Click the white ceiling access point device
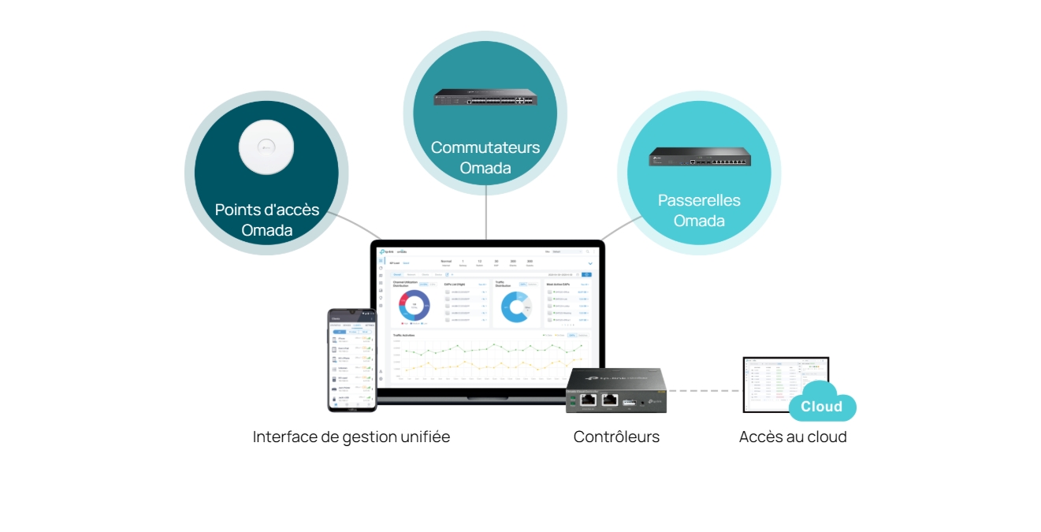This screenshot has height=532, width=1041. click(x=267, y=147)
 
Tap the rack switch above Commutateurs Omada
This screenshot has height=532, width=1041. click(x=485, y=98)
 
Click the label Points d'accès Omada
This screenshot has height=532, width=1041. click(x=267, y=220)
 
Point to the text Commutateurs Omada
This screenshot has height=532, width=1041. click(x=485, y=158)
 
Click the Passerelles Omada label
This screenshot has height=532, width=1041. click(x=699, y=210)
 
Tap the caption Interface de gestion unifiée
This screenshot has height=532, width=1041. click(x=351, y=437)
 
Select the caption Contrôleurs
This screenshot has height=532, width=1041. click(x=616, y=437)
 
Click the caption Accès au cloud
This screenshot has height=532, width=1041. click(x=793, y=437)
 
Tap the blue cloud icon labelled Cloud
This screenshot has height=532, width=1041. click(x=822, y=403)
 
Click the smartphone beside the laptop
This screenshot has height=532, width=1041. click(x=352, y=359)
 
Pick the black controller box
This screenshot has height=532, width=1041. click(x=616, y=389)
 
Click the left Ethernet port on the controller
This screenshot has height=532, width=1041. click(x=588, y=399)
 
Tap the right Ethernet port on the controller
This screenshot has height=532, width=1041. click(x=609, y=399)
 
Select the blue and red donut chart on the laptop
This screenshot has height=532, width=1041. click(x=415, y=306)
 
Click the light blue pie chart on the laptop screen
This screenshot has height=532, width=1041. click(x=516, y=307)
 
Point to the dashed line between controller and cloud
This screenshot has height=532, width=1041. click(x=704, y=390)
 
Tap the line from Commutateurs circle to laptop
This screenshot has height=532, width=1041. click(x=486, y=213)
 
